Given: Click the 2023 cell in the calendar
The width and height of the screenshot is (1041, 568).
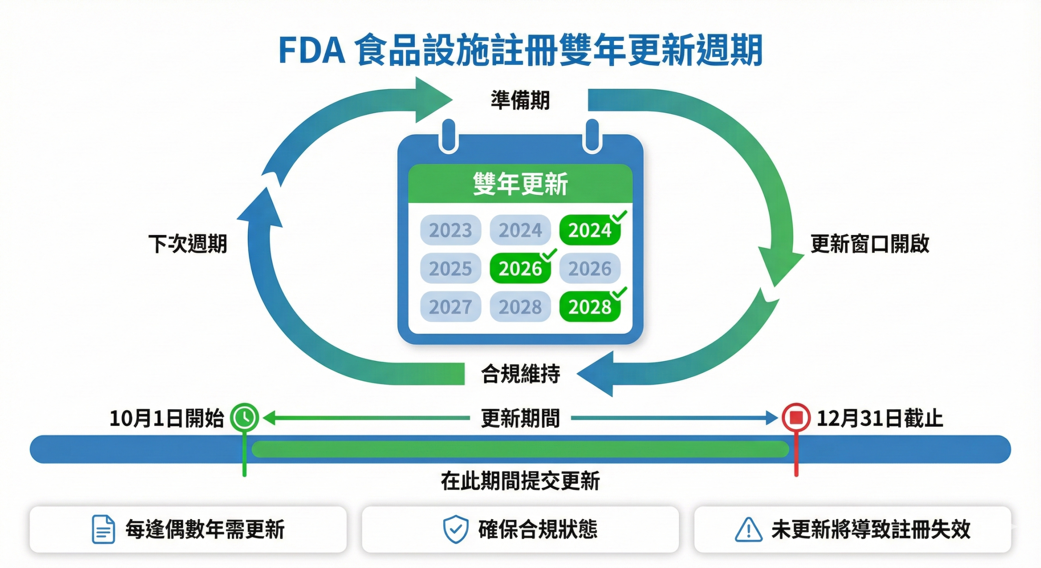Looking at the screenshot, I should point(451,230).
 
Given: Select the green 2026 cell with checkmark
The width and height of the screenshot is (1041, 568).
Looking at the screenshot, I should point(520,269).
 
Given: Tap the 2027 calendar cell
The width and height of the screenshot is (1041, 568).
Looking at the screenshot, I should point(451,307).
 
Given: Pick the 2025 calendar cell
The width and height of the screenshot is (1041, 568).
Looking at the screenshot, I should point(451,269).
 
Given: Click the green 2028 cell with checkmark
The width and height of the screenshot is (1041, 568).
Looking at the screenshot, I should point(590,307).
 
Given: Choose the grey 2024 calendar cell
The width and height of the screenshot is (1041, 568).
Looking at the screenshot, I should point(520,230).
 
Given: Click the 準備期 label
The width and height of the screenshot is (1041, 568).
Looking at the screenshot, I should point(520,100).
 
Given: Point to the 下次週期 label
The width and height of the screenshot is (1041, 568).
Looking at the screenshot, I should point(187,244).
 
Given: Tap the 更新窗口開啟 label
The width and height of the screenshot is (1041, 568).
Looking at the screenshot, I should point(870,244).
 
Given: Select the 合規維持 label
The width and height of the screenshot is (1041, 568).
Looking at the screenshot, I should point(520,374).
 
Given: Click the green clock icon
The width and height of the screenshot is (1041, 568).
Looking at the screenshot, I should point(244,417).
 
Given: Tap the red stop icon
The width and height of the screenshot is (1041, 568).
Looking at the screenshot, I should point(796,417).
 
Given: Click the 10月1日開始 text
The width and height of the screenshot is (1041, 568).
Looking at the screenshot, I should point(167,418).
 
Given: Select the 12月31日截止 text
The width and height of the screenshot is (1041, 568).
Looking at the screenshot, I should point(880,418).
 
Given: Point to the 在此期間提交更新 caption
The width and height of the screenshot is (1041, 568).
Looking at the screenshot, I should point(520,481).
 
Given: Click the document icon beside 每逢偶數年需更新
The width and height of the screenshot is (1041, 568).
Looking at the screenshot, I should point(103,529).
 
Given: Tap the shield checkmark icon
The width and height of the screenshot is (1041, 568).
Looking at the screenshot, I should point(455,529).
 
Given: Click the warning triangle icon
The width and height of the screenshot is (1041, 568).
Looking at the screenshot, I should point(749,530).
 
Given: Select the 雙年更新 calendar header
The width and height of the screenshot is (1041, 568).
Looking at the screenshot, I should point(520,184).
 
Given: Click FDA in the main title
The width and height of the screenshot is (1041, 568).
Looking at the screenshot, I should point(312,51).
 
